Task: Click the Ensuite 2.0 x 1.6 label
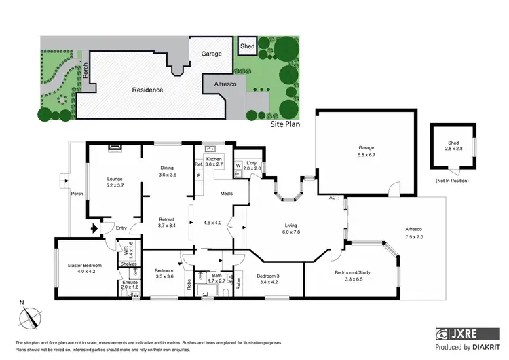pyautogui.click(x=130, y=285)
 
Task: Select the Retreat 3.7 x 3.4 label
pyautogui.click(x=166, y=223)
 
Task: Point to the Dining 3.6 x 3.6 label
pyautogui.click(x=168, y=170)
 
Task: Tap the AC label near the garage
pyautogui.click(x=333, y=198)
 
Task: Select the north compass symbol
pyautogui.click(x=30, y=315)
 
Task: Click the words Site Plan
pyautogui.click(x=285, y=125)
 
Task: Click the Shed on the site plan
pyautogui.click(x=247, y=46)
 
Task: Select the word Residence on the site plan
pyautogui.click(x=147, y=90)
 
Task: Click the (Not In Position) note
pyautogui.click(x=453, y=181)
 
